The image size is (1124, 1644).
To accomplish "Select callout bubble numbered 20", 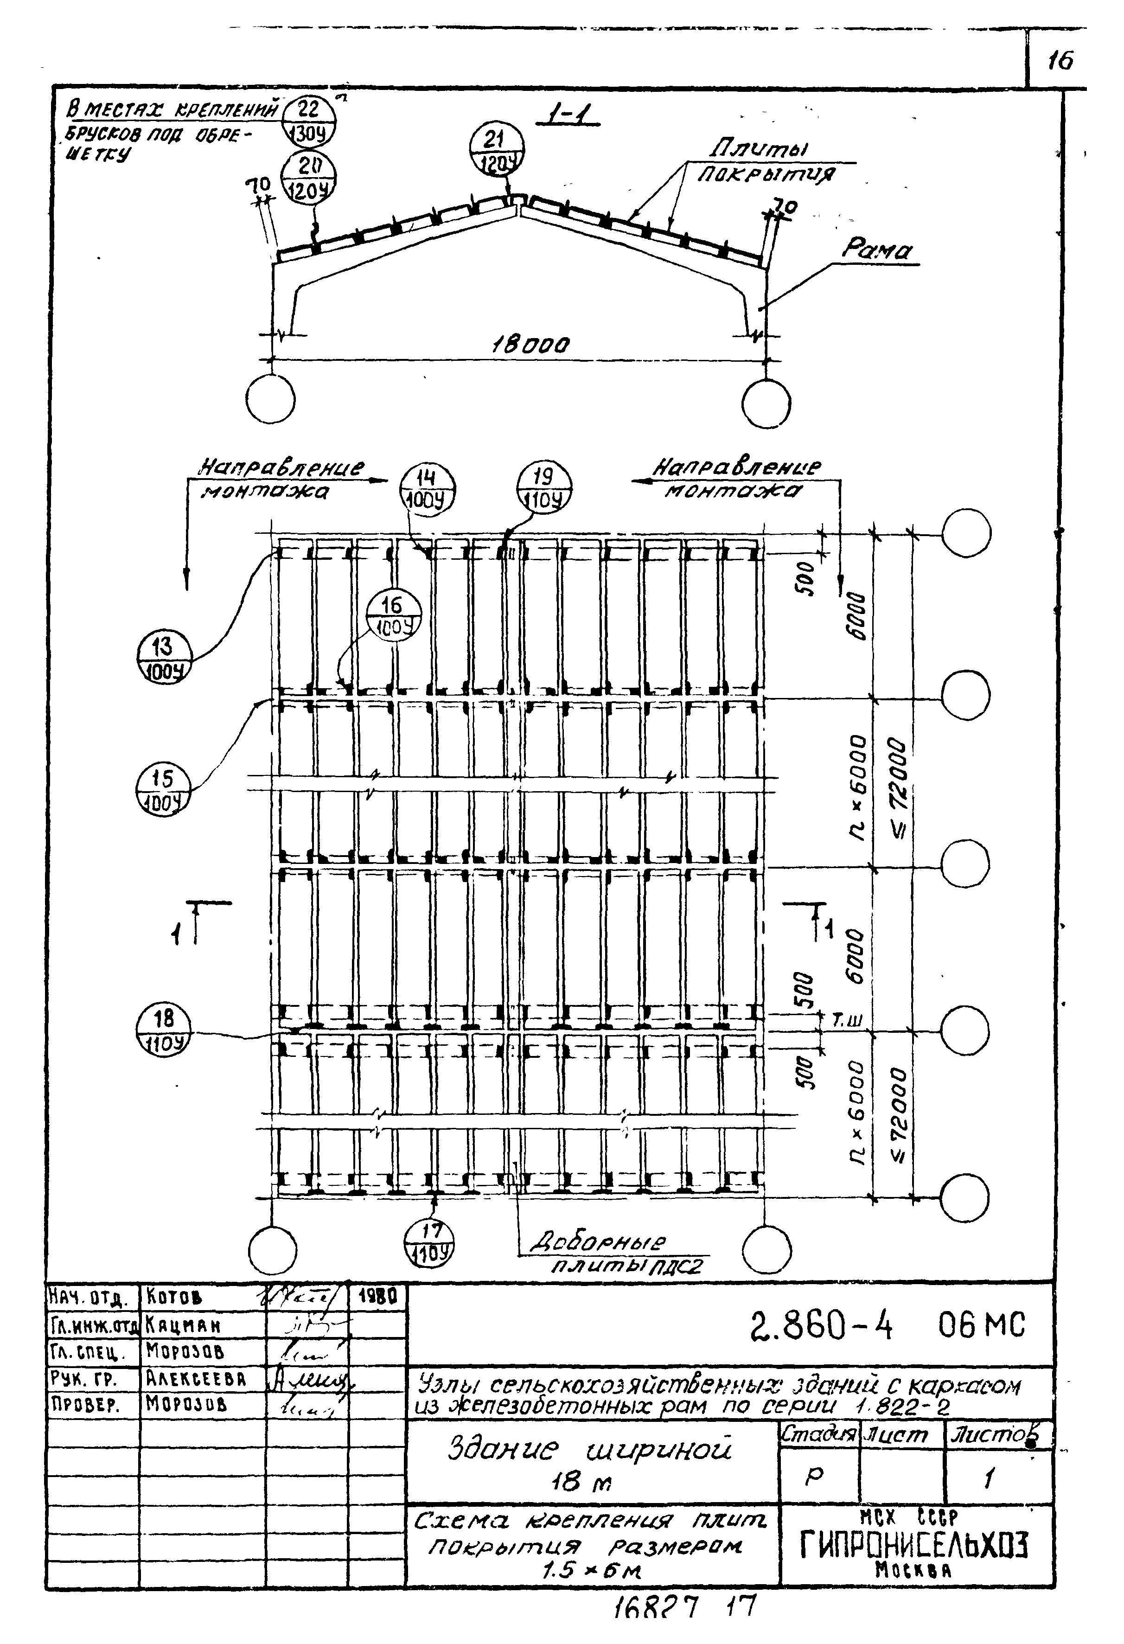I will (x=308, y=178).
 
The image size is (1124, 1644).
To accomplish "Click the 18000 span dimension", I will (x=531, y=345).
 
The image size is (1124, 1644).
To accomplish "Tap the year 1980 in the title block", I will (x=378, y=1296).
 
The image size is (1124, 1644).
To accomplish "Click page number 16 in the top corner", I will (x=1059, y=61).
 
